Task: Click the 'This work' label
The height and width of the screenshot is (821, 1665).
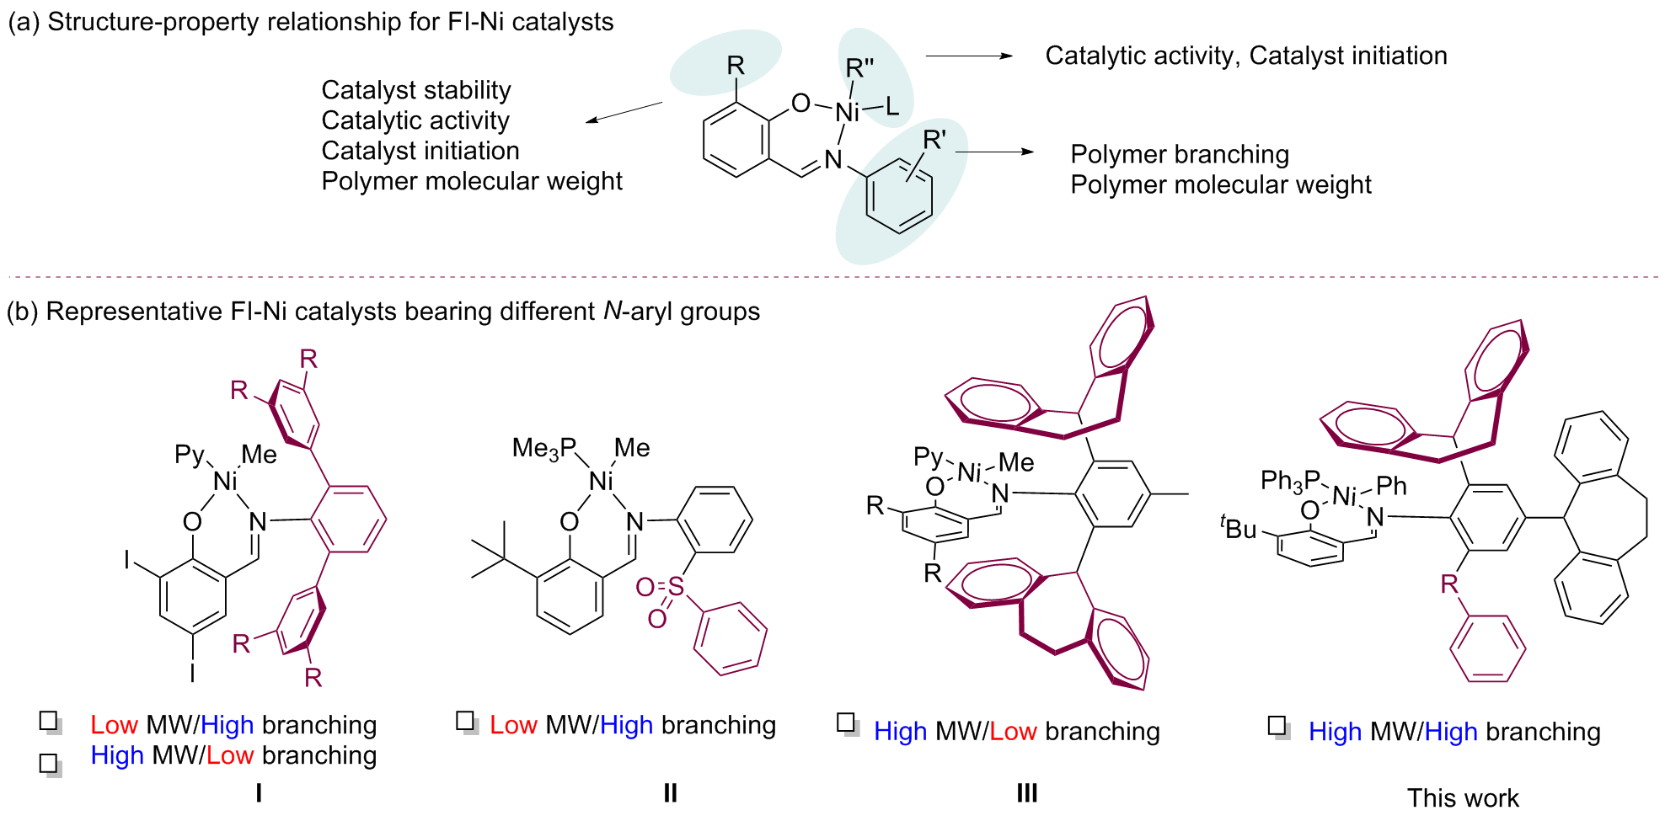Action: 1463,797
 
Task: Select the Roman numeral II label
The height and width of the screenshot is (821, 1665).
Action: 670,792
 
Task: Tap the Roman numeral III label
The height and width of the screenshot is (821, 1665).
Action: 1026,792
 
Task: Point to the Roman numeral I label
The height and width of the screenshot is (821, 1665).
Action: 259,792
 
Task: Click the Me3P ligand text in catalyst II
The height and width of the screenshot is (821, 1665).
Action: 544,449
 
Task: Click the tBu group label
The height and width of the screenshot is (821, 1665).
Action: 1238,528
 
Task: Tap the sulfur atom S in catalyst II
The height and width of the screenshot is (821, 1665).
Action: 676,586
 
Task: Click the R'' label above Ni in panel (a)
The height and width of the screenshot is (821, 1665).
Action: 859,68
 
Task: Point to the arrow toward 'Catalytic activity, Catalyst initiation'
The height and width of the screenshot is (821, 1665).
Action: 969,56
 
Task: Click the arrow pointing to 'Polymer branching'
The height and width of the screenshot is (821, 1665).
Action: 994,152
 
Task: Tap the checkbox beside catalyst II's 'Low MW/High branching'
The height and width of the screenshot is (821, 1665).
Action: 466,722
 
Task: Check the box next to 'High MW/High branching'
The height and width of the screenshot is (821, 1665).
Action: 1277,727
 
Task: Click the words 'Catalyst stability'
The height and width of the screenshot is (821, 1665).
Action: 416,90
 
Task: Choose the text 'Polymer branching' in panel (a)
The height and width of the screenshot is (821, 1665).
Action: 1180,155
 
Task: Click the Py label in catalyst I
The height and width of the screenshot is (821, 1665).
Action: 189,455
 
